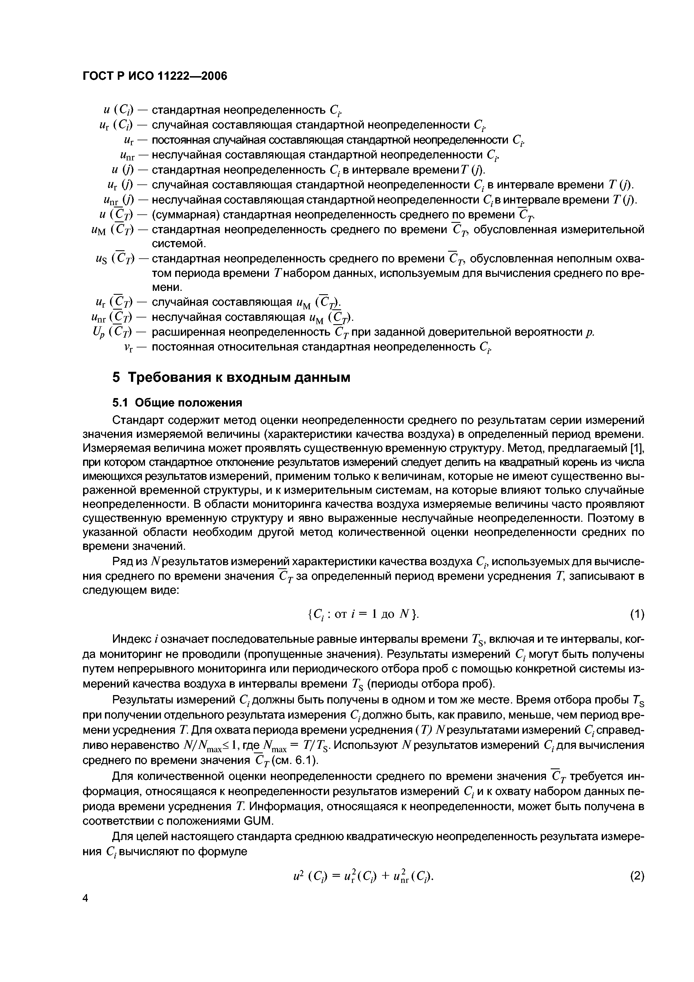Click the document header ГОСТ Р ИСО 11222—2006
(154, 76)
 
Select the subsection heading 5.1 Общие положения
(177, 403)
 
